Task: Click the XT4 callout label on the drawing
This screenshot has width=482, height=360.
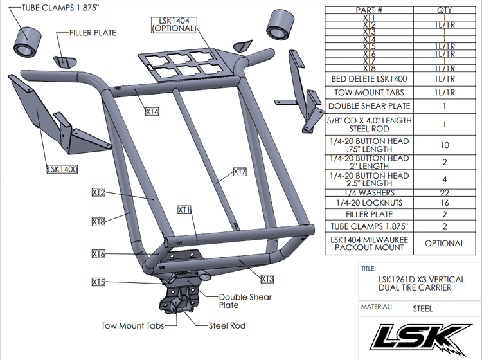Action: [152, 112]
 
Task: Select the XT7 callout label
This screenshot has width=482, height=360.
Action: [240, 172]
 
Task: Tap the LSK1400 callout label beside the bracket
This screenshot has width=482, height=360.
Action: [60, 170]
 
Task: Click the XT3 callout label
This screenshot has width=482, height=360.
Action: [267, 279]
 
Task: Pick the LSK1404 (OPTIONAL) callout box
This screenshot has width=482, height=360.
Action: [172, 25]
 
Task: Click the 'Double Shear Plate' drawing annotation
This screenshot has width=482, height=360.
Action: [245, 301]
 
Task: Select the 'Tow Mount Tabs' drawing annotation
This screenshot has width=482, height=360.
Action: [132, 325]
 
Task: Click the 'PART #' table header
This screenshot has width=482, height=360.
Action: [369, 10]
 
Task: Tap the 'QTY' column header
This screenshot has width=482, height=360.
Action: [443, 10]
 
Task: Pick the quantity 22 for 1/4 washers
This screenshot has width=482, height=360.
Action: [443, 192]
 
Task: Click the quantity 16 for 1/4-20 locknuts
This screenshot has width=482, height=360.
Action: [443, 203]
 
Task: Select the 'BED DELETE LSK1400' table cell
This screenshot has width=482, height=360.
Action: [369, 80]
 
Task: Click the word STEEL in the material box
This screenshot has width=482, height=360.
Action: [422, 308]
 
